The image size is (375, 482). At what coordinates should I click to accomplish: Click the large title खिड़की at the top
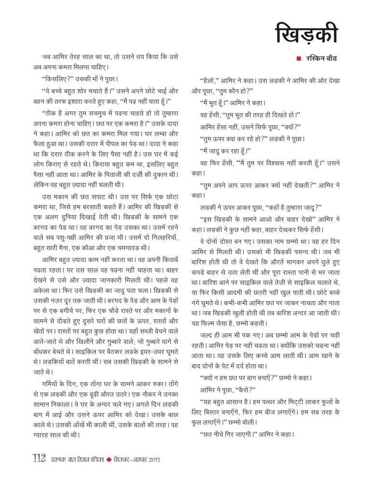point(306,32)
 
